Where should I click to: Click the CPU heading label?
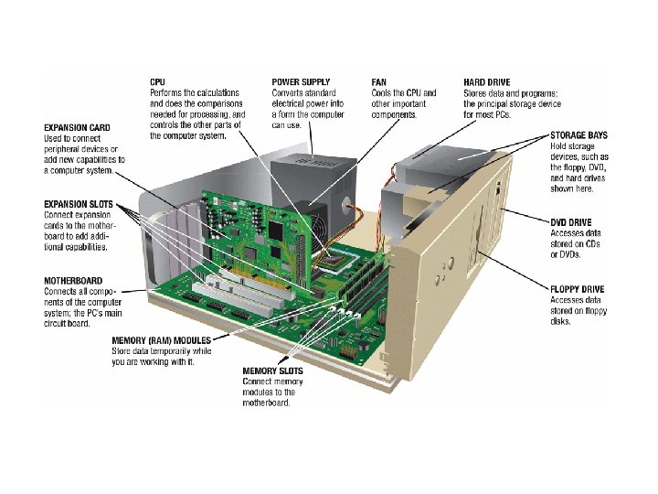159,81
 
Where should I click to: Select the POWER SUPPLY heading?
302,81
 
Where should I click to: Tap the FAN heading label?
379,81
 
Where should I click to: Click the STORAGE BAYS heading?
578,135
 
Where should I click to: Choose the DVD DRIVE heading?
571,222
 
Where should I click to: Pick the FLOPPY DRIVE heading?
578,290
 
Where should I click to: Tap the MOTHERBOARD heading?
73,281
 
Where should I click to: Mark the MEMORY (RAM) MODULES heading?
160,339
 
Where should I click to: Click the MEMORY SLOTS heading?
273,371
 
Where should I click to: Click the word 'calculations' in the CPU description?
219,92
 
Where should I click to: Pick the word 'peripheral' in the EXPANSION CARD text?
64,148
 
